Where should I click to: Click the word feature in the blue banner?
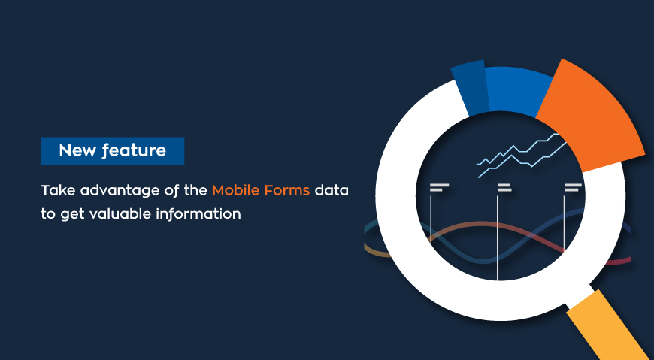[134, 150]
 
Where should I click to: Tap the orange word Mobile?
[235, 191]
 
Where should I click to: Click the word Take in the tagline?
[59, 191]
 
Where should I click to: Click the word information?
[198, 214]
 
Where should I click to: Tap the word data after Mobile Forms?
[332, 191]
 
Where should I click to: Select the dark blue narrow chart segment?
[471, 89]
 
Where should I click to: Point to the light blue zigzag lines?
[522, 155]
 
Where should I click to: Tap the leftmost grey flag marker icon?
[439, 187]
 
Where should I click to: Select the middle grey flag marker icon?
[504, 187]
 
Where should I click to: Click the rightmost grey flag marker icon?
[573, 187]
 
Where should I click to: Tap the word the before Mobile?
[195, 191]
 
